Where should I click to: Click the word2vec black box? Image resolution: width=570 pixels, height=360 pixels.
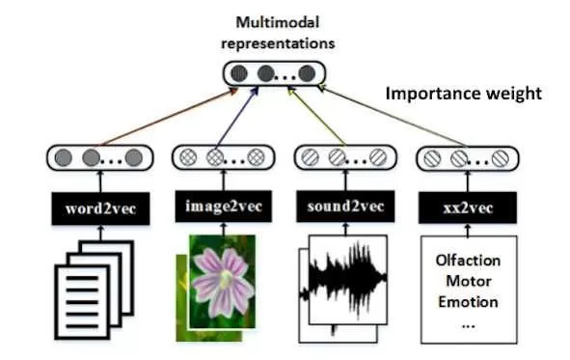tap(100, 208)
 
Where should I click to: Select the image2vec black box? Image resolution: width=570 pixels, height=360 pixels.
tap(224, 207)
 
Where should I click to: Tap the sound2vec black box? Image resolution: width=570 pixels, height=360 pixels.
tap(345, 207)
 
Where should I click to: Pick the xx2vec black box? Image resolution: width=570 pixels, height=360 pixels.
tap(468, 208)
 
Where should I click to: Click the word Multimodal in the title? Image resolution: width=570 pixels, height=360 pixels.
tap(278, 22)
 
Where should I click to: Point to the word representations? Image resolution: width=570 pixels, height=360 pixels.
tap(278, 43)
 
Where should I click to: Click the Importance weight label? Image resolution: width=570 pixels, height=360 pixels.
tap(464, 94)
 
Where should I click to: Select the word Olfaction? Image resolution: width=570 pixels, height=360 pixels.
tap(468, 261)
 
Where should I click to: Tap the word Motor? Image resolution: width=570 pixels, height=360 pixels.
tap(468, 281)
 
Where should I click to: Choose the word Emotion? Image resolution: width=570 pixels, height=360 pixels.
tap(468, 302)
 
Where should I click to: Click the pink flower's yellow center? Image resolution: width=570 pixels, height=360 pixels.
tap(226, 279)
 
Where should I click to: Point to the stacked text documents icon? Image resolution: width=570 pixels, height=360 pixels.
tap(95, 290)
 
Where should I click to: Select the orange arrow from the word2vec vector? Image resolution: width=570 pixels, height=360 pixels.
tap(169, 117)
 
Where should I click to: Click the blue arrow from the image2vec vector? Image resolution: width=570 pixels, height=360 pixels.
tap(237, 117)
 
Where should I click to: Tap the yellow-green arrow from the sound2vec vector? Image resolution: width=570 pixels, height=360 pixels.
tap(317, 117)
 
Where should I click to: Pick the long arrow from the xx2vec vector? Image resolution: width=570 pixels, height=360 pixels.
tap(392, 116)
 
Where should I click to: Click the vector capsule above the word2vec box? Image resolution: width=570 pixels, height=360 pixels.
tap(100, 158)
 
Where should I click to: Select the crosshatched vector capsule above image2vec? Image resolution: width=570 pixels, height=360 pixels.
tap(224, 157)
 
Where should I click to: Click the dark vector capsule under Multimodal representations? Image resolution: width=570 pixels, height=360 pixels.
tap(274, 73)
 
